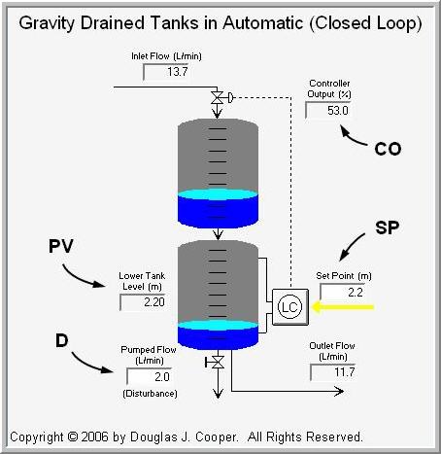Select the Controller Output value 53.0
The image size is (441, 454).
point(329,111)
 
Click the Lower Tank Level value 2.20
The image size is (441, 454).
point(143,302)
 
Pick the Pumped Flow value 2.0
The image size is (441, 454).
point(149,376)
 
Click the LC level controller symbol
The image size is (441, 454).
point(289,306)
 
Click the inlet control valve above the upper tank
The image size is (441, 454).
point(218,97)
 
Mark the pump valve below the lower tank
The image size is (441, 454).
point(218,363)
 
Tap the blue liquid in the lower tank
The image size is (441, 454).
point(218,332)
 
